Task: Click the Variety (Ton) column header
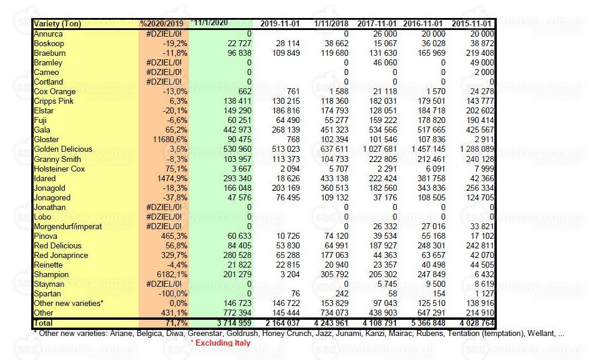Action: pyautogui.click(x=58, y=24)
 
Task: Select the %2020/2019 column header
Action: pyautogui.click(x=164, y=24)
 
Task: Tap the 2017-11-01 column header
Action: pyautogui.click(x=377, y=24)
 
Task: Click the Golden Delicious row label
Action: pyautogui.click(x=63, y=149)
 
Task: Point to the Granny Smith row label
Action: pyautogui.click(x=58, y=159)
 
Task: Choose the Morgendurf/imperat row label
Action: pyautogui.click(x=68, y=226)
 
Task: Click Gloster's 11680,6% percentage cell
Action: pyautogui.click(x=170, y=140)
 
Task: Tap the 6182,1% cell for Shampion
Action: pyautogui.click(x=172, y=275)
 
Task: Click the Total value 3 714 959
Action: pyautogui.click(x=234, y=323)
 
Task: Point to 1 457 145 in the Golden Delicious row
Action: pyautogui.click(x=428, y=149)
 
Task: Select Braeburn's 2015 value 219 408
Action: pyautogui.click(x=480, y=53)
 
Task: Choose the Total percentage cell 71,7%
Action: pyautogui.click(x=177, y=323)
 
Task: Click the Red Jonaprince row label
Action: pyautogui.click(x=61, y=255)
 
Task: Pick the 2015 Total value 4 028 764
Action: pyautogui.click(x=477, y=323)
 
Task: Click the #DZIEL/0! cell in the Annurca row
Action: pyautogui.click(x=164, y=34)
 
